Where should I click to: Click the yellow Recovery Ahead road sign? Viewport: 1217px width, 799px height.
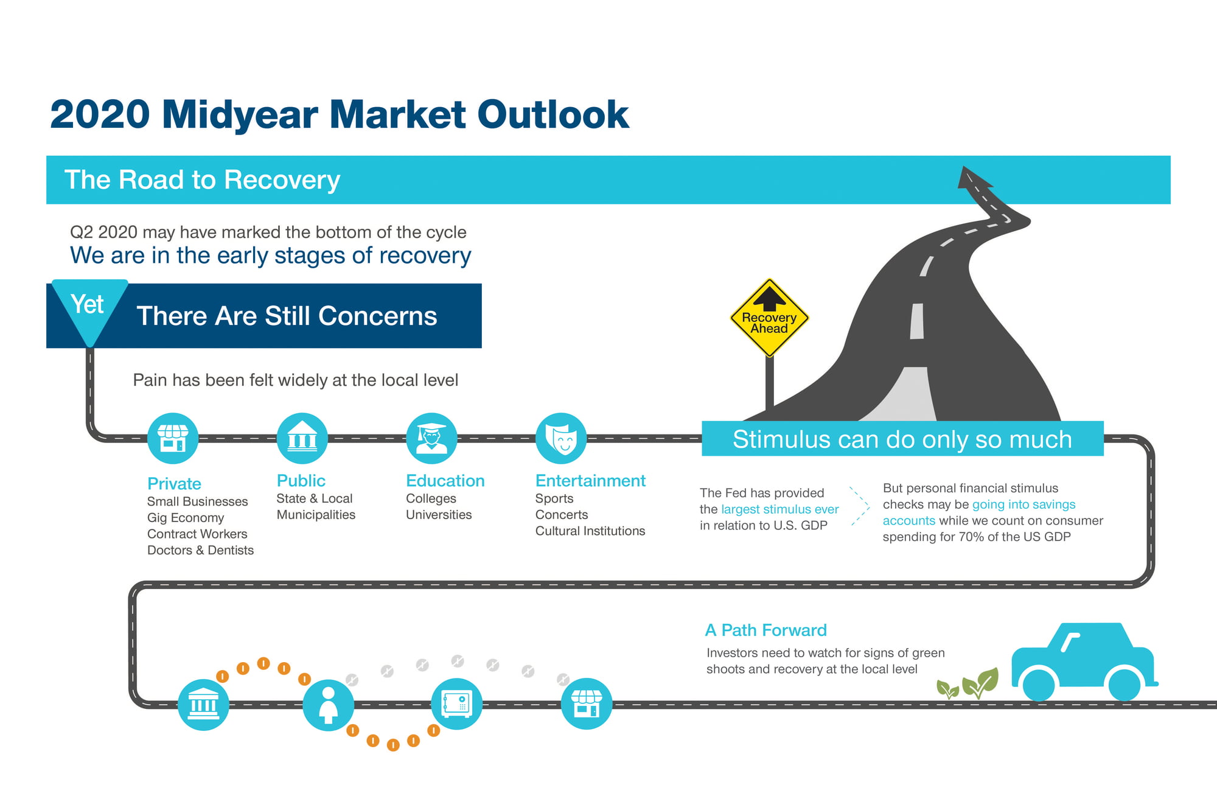pyautogui.click(x=769, y=318)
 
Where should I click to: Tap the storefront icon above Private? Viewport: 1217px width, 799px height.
pyautogui.click(x=173, y=438)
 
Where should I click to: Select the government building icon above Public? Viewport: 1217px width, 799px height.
pyautogui.click(x=302, y=438)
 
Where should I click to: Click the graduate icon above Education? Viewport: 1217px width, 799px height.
pyautogui.click(x=432, y=438)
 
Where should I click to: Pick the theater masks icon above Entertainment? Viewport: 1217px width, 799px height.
pyautogui.click(x=561, y=438)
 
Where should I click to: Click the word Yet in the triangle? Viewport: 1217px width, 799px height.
pyautogui.click(x=88, y=304)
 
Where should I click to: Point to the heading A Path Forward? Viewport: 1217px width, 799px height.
pyautogui.click(x=765, y=630)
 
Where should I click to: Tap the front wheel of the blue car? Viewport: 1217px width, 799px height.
pyautogui.click(x=1124, y=685)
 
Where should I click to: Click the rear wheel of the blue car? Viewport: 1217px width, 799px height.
pyautogui.click(x=1039, y=685)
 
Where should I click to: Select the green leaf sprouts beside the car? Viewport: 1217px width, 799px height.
pyautogui.click(x=968, y=684)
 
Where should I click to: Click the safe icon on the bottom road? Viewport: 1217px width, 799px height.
pyautogui.click(x=456, y=704)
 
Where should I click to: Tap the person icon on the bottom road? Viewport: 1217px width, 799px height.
pyautogui.click(x=329, y=705)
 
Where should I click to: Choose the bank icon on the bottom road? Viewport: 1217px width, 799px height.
pyautogui.click(x=203, y=705)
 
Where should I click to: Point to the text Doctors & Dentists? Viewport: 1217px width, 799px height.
pyautogui.click(x=200, y=550)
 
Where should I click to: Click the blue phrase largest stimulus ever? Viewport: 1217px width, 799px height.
pyautogui.click(x=779, y=509)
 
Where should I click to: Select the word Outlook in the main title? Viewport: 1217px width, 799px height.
pyautogui.click(x=553, y=114)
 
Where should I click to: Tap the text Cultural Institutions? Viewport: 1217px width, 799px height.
pyautogui.click(x=590, y=531)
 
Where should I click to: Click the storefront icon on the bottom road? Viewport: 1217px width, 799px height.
pyautogui.click(x=587, y=704)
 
